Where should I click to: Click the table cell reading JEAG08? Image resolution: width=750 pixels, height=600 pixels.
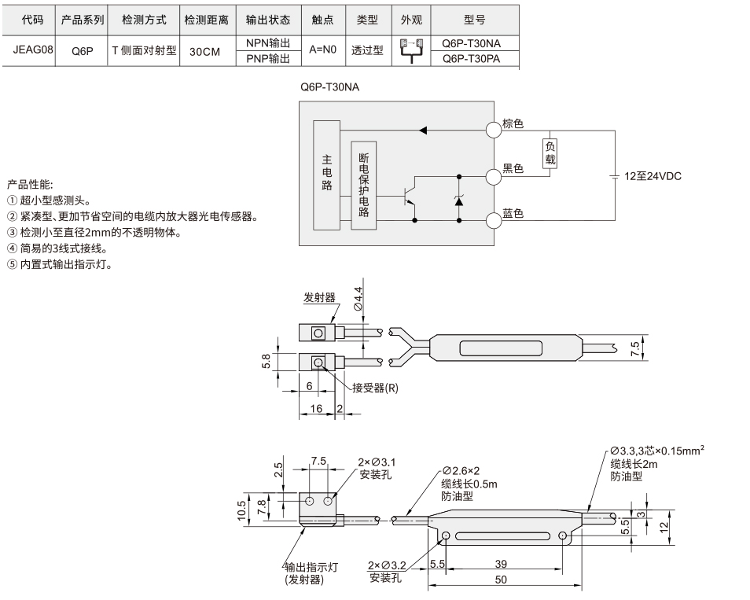(x=33, y=50)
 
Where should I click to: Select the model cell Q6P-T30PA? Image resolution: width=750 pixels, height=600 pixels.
(x=471, y=58)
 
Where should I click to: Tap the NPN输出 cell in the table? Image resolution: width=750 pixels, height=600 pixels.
(x=268, y=43)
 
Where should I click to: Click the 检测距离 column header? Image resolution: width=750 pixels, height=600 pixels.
(x=207, y=20)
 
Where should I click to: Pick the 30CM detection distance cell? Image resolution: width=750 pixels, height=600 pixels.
(x=204, y=52)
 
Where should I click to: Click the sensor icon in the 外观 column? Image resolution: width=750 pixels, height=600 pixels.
(x=411, y=50)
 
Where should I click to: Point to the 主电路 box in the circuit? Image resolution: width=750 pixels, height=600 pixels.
(x=327, y=175)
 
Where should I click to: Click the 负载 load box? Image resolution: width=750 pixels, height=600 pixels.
(x=550, y=153)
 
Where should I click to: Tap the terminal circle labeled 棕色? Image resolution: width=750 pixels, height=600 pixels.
(x=494, y=130)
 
